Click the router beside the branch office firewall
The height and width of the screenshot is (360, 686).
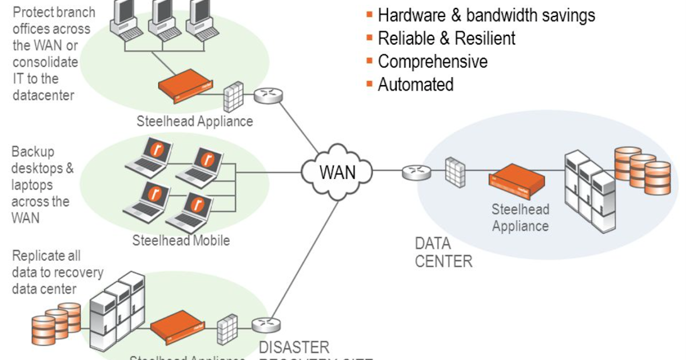[x=268, y=95]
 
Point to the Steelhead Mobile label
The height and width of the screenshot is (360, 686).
[x=181, y=240]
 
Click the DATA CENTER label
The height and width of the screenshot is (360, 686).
[x=444, y=253]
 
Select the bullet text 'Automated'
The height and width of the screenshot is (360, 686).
[x=416, y=85]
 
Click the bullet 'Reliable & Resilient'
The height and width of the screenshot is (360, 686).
[x=446, y=38]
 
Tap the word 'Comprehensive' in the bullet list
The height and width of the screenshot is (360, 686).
[x=433, y=61]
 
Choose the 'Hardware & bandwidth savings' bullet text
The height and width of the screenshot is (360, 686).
[x=486, y=15]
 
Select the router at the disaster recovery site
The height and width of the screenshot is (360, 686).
[x=266, y=325]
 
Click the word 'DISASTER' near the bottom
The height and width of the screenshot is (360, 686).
[x=294, y=347]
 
